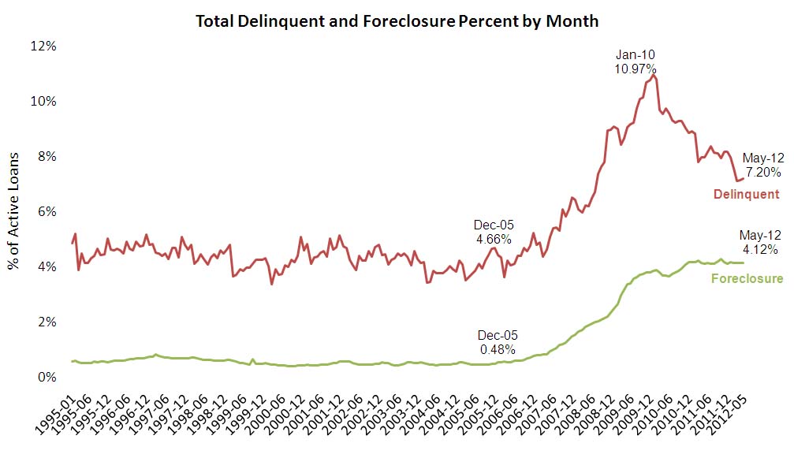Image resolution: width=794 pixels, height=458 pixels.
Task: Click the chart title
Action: click(397, 21)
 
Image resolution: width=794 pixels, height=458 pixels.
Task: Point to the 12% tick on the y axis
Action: click(44, 47)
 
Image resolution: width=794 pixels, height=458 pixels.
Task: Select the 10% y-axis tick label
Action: click(44, 102)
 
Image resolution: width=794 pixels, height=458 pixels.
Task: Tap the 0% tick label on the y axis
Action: click(47, 378)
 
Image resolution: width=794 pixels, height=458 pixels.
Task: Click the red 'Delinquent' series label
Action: click(746, 194)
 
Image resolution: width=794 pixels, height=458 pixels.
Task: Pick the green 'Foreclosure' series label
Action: click(747, 278)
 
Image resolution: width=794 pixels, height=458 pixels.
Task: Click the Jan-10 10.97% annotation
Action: click(635, 62)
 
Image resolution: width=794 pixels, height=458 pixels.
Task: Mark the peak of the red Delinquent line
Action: click(654, 76)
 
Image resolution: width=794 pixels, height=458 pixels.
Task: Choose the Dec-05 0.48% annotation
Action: click(498, 342)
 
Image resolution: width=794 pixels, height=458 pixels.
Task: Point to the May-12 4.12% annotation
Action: click(759, 243)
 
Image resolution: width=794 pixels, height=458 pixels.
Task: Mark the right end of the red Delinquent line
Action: click(744, 179)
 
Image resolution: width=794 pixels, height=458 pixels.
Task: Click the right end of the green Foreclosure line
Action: click(744, 263)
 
